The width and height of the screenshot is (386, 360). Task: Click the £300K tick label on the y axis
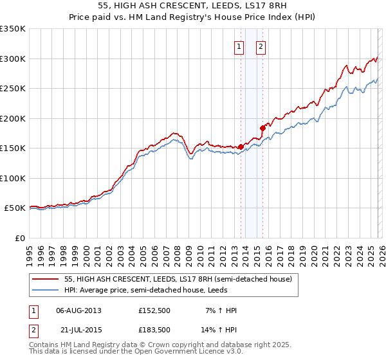tap(13, 59)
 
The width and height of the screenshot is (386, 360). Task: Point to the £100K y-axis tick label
tap(13, 178)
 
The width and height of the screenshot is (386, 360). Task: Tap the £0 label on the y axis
tap(19, 238)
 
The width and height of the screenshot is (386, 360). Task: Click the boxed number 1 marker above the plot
tap(239, 46)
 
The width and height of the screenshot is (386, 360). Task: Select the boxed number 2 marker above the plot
tap(261, 46)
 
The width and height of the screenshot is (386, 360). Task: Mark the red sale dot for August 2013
tap(241, 147)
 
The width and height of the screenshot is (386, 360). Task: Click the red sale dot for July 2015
tap(262, 128)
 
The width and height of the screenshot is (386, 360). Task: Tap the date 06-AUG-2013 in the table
tap(78, 310)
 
